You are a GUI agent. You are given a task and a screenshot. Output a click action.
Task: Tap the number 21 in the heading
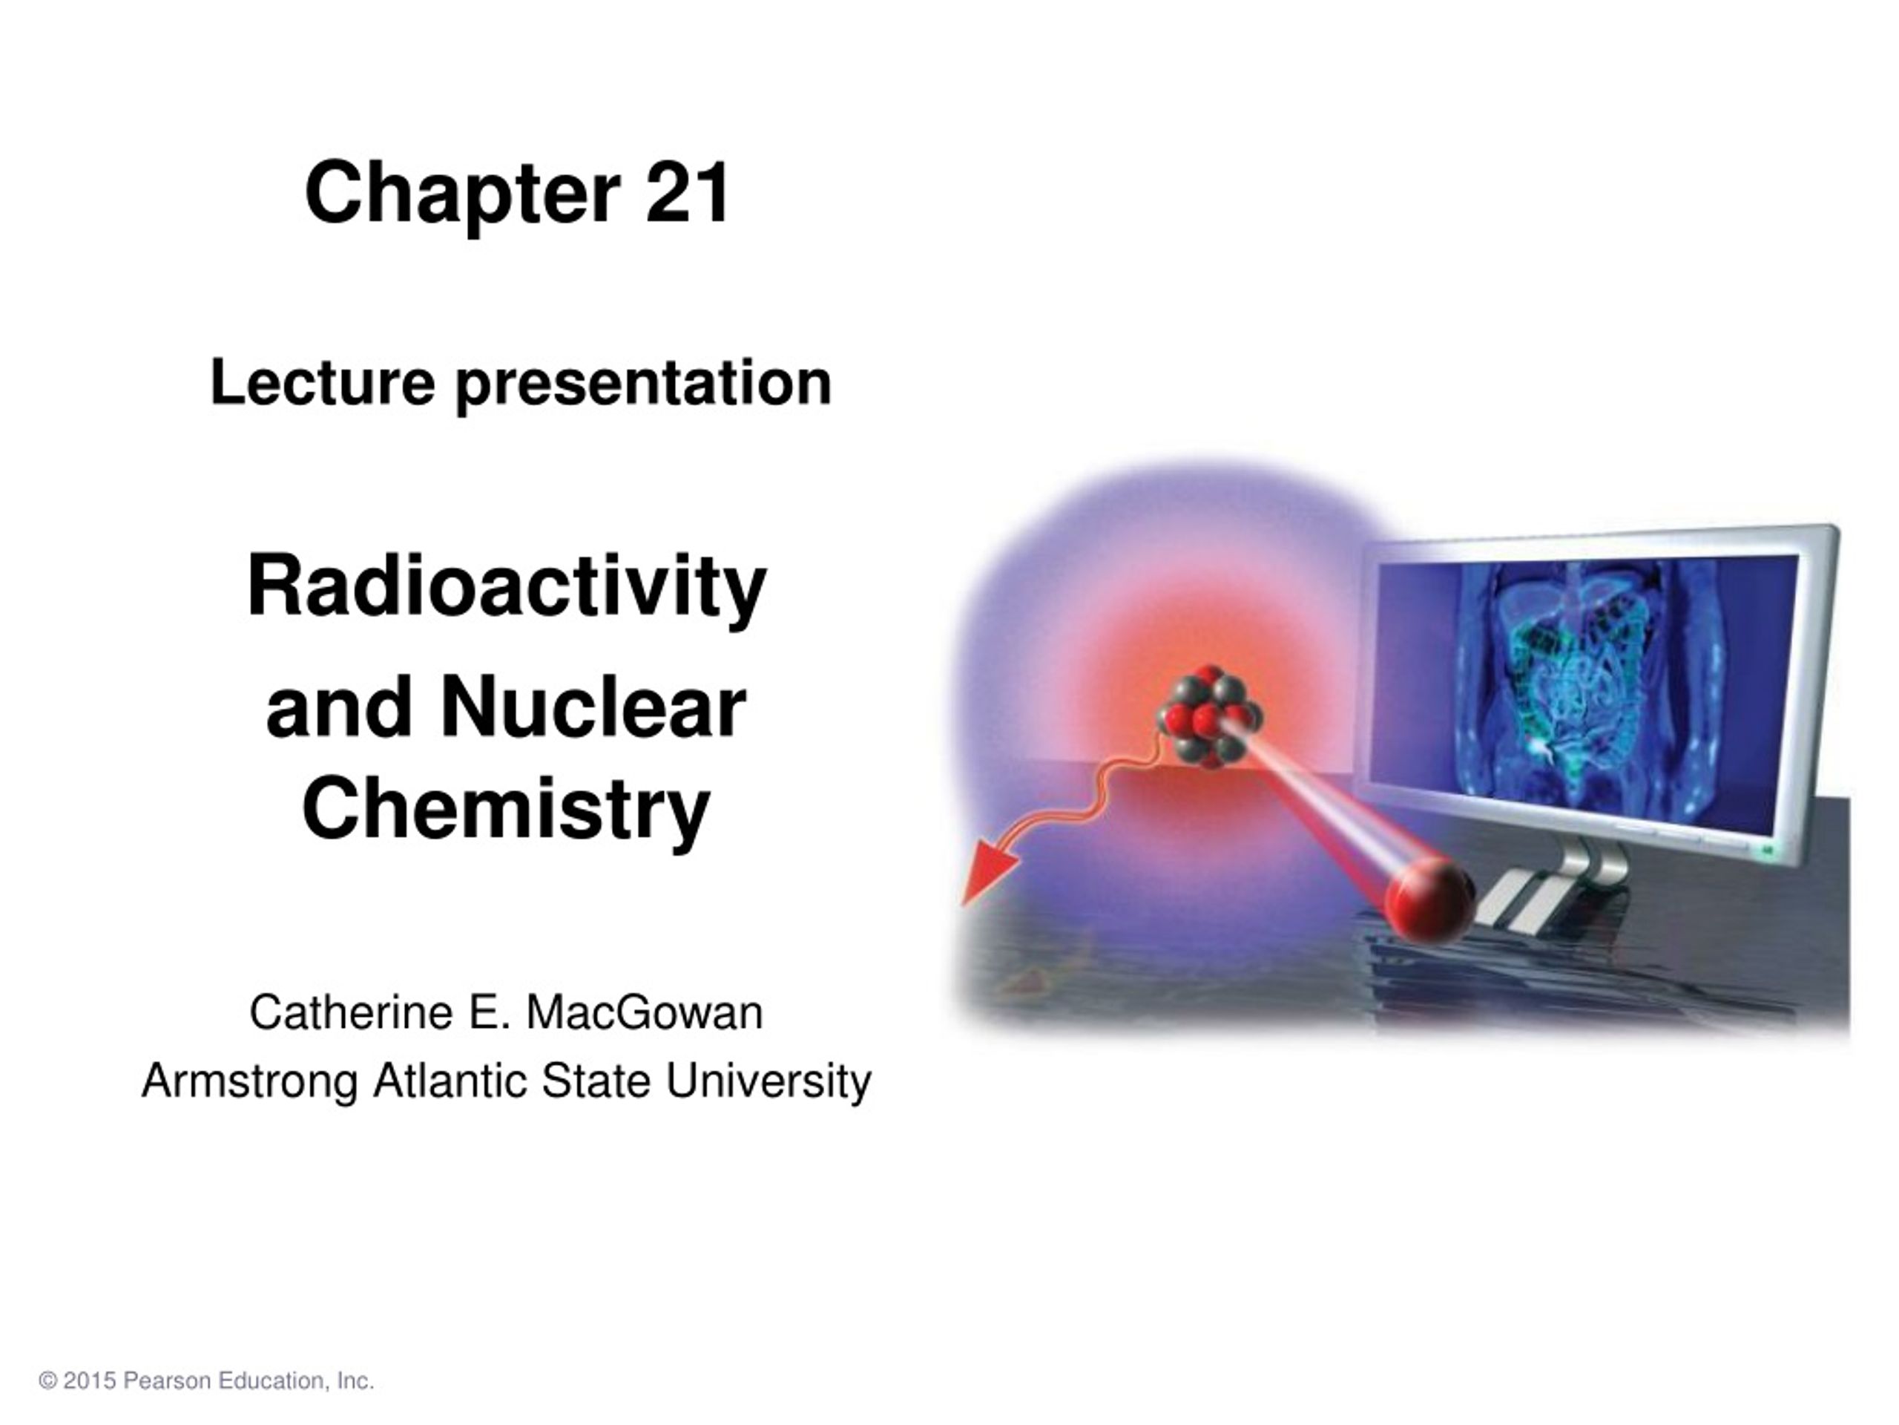pyautogui.click(x=688, y=191)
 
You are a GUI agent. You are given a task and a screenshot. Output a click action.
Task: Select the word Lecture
pyautogui.click(x=323, y=382)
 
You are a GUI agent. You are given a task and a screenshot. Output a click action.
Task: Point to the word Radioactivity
pyautogui.click(x=507, y=588)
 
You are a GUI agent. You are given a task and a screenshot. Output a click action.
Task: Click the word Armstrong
pyautogui.click(x=250, y=1081)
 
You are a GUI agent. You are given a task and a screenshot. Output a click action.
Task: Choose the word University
pyautogui.click(x=769, y=1081)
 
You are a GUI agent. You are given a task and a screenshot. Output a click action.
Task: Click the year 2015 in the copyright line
pyautogui.click(x=89, y=1381)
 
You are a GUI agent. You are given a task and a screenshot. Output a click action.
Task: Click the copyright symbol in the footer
pyautogui.click(x=48, y=1381)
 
